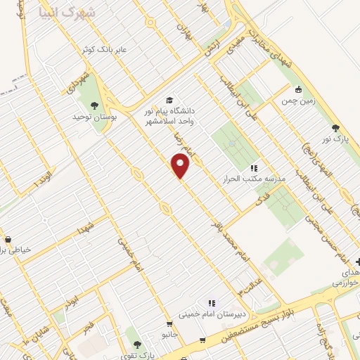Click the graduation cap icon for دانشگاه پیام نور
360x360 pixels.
[x=169, y=100]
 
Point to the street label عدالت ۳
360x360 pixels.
[x=249, y=284]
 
